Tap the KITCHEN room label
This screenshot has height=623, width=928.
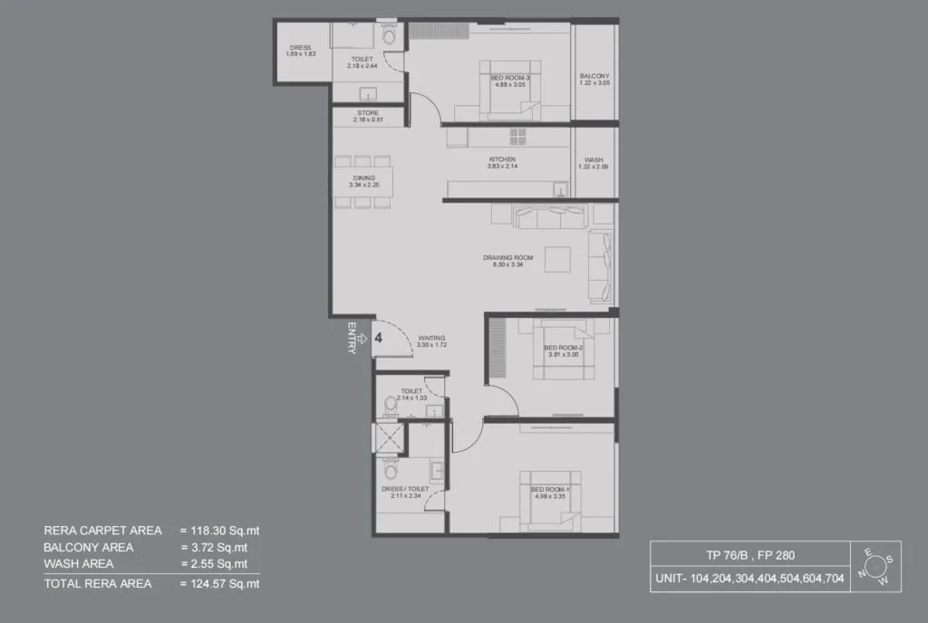pyautogui.click(x=501, y=160)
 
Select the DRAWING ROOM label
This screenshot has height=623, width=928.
pyautogui.click(x=507, y=258)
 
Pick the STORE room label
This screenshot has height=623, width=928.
pyautogui.click(x=367, y=114)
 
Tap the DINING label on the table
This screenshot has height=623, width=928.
pyautogui.click(x=364, y=179)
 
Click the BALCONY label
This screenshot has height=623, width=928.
pyautogui.click(x=594, y=76)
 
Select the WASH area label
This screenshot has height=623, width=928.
pyautogui.click(x=594, y=160)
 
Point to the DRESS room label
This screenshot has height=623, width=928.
pyautogui.click(x=301, y=48)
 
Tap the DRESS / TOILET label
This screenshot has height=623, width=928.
pyautogui.click(x=405, y=489)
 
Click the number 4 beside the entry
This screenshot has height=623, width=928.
pyautogui.click(x=379, y=337)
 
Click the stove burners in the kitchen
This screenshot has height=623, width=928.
pyautogui.click(x=517, y=137)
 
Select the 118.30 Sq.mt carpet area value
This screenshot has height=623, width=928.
pyautogui.click(x=220, y=531)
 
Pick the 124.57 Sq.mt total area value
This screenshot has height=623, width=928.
pyautogui.click(x=220, y=584)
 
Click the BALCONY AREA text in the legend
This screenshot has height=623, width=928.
pyautogui.click(x=89, y=548)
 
